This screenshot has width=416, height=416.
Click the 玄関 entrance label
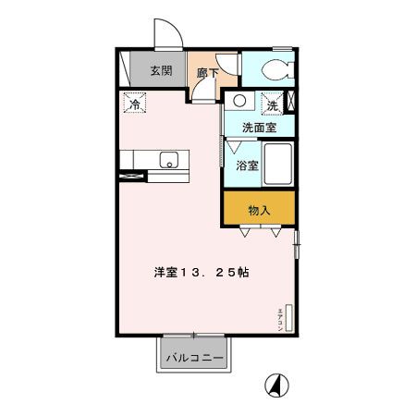(162, 70)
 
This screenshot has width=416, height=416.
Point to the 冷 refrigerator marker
(133, 104)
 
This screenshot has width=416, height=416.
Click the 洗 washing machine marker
(274, 104)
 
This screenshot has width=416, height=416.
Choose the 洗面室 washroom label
(258, 127)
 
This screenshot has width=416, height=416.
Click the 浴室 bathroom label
(246, 165)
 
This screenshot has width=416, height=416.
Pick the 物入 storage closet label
(259, 210)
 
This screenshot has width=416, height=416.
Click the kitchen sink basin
(169, 160)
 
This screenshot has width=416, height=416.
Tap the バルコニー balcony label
(195, 357)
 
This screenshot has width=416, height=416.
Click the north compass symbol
(275, 382)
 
